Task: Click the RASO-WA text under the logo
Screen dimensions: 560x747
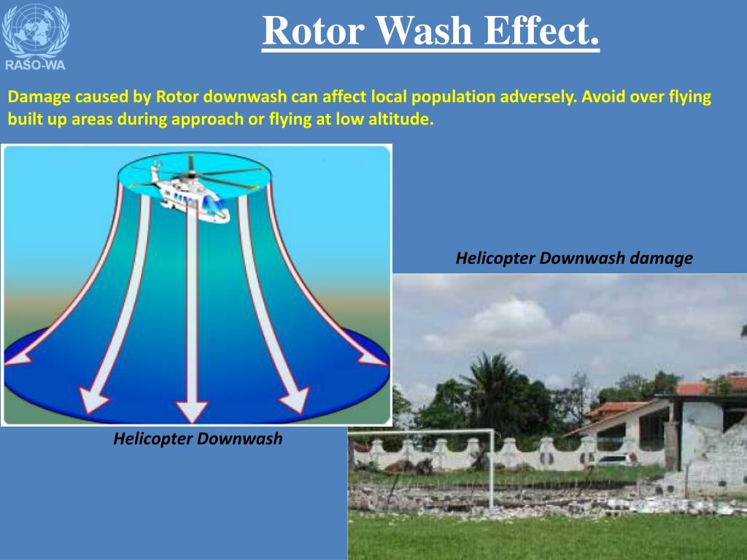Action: [35, 64]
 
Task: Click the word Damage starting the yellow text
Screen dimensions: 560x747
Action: [38, 97]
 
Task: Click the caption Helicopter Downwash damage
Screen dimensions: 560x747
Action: [574, 258]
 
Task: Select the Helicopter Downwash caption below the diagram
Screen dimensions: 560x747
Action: [197, 439]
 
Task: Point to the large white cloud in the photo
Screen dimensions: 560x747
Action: [511, 321]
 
